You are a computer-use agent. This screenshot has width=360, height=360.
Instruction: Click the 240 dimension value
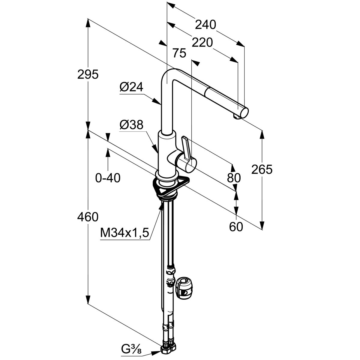205,25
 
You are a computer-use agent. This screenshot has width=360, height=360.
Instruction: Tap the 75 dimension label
179,53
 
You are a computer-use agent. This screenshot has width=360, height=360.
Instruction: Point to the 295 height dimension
88,74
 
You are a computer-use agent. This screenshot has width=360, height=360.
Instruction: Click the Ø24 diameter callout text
131,88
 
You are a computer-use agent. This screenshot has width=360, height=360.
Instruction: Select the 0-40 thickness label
108,178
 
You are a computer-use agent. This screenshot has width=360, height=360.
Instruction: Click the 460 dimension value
88,217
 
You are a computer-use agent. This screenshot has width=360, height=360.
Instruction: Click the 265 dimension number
262,169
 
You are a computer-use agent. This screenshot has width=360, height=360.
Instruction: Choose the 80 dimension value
234,178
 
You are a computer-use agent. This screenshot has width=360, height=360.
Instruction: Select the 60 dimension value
236,227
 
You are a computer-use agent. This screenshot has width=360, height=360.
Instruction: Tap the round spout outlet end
244,113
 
